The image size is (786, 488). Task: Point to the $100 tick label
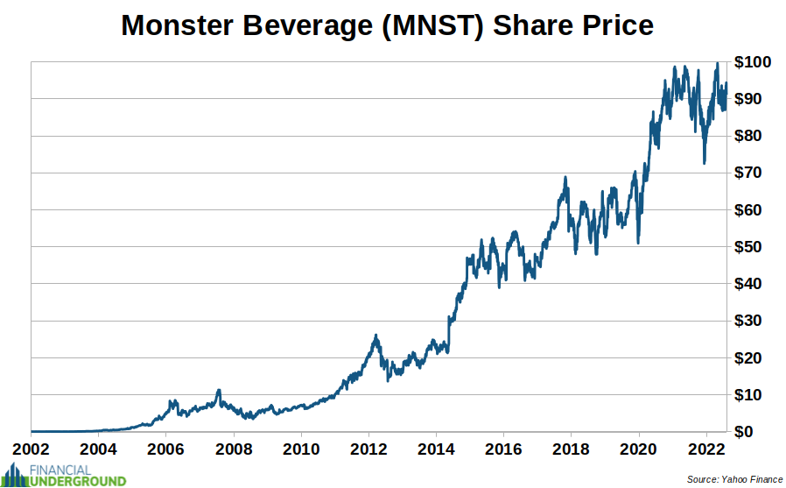(753, 62)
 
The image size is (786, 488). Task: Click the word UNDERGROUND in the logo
(78, 480)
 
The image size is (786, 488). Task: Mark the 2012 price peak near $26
(375, 336)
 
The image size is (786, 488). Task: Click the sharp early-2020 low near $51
(638, 243)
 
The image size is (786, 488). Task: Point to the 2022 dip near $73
(705, 162)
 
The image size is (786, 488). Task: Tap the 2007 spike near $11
(218, 391)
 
